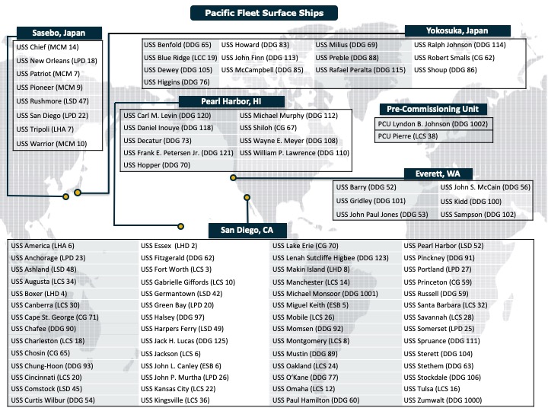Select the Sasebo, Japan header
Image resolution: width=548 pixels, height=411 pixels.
coord(59,33)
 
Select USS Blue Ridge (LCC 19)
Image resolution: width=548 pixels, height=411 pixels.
coord(180,58)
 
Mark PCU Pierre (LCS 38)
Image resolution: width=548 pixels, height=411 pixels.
coord(408,136)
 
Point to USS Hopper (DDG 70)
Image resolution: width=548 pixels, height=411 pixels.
coord(157,165)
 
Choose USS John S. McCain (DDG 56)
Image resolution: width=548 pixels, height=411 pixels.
coord(486,187)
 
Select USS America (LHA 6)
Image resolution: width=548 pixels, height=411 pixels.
coord(43,246)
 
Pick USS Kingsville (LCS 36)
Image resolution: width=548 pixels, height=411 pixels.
coord(175,400)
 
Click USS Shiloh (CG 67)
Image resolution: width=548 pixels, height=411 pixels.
coord(268,128)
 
